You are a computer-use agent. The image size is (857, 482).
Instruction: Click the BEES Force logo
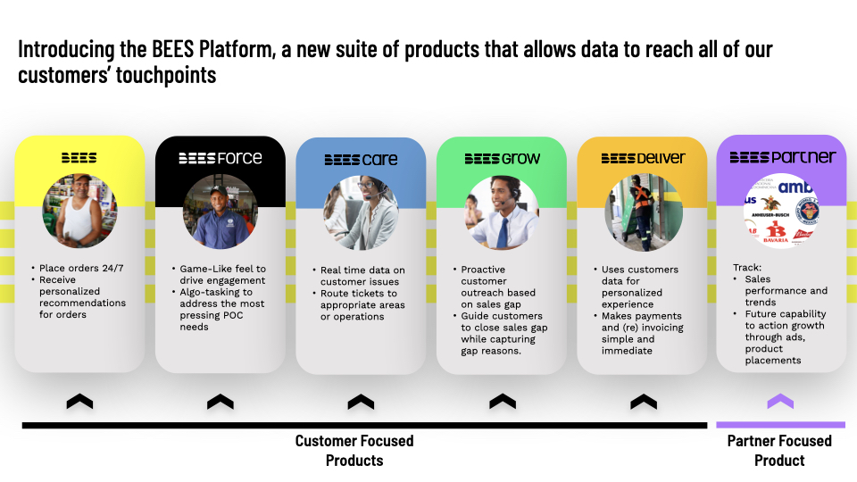point(220,158)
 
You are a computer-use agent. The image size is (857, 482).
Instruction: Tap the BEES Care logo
point(361,159)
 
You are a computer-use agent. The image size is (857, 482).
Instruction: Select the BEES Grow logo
point(503,159)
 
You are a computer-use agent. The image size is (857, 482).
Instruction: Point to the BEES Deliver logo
point(644,158)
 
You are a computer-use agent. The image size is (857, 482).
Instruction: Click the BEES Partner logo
point(783,157)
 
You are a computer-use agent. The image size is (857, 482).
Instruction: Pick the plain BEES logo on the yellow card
point(79,158)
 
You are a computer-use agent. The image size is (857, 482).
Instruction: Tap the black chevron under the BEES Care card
point(361,402)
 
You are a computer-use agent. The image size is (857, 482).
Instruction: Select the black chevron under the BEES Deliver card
point(644,402)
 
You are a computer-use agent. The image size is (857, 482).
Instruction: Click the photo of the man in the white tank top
point(79,211)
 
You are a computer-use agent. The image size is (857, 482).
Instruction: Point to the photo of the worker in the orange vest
point(644,212)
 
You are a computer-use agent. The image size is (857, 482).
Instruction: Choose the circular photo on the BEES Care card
point(361,212)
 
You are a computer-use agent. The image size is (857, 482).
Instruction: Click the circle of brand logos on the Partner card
point(782,211)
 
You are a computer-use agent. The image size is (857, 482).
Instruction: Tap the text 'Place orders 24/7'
point(81,268)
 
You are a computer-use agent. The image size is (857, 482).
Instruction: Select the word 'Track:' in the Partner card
point(747,267)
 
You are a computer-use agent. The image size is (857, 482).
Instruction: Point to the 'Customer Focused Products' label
point(354,450)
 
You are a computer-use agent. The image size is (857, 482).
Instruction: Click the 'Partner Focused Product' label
point(779,450)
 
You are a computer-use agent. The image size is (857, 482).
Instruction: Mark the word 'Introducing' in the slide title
point(67,50)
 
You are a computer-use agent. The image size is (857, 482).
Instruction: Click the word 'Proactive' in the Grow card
point(483,270)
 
